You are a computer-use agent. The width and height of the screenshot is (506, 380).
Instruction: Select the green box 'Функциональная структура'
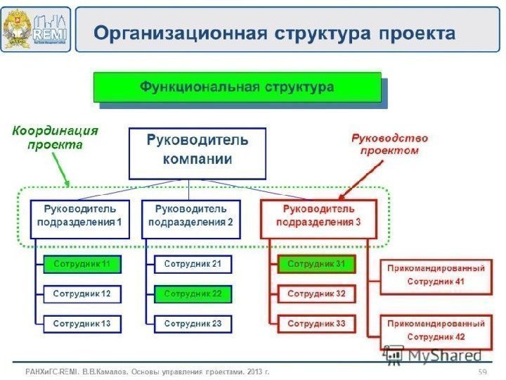[237, 88]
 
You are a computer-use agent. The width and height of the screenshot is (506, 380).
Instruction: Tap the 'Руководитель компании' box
[197, 153]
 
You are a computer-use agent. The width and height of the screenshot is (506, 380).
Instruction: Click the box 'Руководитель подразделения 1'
[79, 218]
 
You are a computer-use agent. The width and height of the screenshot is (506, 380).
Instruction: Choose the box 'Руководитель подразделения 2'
[190, 218]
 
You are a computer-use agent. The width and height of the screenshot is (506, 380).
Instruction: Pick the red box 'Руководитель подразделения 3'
[318, 218]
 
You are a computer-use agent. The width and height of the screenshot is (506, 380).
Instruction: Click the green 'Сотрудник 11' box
[82, 265]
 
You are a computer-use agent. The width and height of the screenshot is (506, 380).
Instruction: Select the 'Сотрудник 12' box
[82, 293]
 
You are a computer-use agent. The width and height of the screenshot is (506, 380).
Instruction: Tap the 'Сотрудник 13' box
[82, 324]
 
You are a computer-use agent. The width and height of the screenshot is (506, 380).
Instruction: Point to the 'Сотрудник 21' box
[193, 265]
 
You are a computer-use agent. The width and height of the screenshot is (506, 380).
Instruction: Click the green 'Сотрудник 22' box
[193, 293]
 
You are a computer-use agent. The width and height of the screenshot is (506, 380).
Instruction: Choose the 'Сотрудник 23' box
[193, 324]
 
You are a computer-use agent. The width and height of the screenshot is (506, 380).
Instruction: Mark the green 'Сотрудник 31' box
[316, 265]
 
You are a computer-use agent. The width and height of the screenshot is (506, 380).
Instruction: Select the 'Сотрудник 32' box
[316, 293]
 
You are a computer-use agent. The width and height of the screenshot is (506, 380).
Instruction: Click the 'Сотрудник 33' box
[316, 324]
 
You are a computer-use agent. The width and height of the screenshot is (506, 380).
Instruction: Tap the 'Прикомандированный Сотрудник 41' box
[436, 276]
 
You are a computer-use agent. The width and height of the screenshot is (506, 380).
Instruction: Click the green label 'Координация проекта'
[56, 138]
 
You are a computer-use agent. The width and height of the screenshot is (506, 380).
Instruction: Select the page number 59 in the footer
[482, 371]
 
